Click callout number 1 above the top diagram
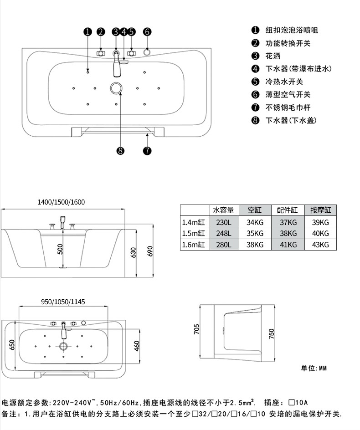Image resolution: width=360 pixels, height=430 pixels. (87, 32)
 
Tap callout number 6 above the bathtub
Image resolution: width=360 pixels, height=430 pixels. (147, 32)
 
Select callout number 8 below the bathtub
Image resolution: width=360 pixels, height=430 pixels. (120, 151)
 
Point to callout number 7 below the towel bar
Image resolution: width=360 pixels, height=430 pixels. (147, 151)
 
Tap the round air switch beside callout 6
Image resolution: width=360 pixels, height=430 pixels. (147, 52)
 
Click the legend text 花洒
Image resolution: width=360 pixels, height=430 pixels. (273, 56)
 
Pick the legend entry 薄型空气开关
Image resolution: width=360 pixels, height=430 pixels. (288, 95)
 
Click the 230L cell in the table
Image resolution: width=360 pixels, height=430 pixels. (224, 222)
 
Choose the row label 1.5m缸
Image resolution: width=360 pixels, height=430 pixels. (194, 233)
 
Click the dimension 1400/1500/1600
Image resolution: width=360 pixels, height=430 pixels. (61, 202)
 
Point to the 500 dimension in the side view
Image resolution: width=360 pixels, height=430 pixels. (60, 249)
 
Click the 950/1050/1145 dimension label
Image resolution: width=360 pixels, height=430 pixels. (63, 302)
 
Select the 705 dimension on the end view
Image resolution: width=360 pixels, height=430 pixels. (197, 329)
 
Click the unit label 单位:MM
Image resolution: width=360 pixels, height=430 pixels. (314, 368)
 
